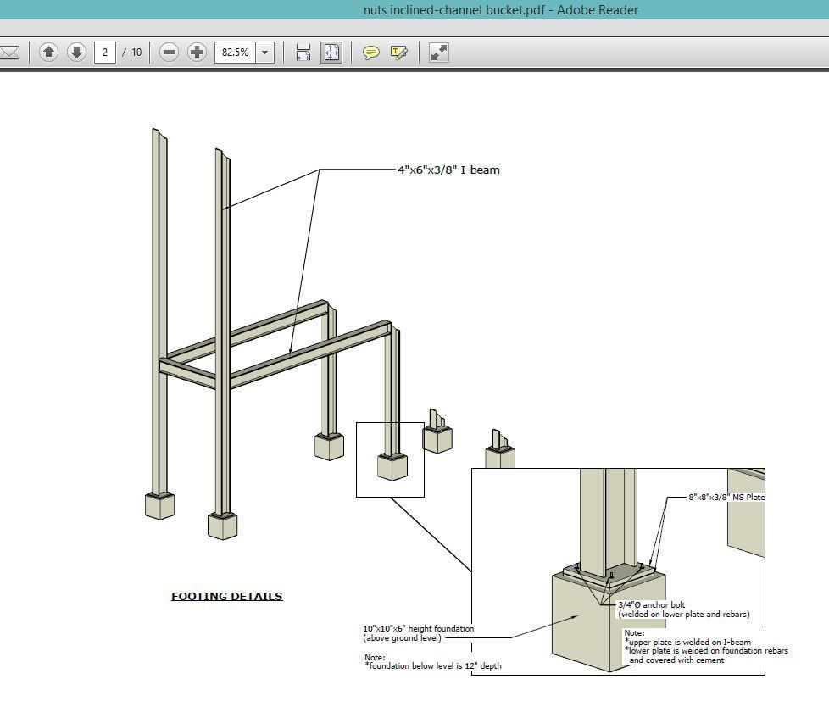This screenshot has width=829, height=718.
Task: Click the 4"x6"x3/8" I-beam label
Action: (x=448, y=170)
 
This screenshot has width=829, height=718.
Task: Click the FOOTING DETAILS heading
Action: (x=226, y=596)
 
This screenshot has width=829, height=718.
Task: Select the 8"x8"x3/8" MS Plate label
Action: (x=727, y=497)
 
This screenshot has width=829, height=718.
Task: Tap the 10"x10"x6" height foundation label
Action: (x=418, y=628)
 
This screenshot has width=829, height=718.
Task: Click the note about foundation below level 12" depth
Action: (x=432, y=665)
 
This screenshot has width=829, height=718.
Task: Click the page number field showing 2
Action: (x=105, y=53)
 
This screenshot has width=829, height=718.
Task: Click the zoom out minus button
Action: (x=169, y=53)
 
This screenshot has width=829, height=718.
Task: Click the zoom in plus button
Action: (x=197, y=53)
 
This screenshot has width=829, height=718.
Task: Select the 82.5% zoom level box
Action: (x=235, y=53)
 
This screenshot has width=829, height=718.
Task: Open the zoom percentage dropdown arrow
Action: (x=264, y=53)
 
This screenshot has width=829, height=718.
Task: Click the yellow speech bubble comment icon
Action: (x=370, y=53)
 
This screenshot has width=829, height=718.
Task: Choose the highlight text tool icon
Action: (x=398, y=53)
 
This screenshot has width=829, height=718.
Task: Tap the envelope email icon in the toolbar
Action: (x=9, y=53)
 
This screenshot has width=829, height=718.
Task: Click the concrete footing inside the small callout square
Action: (x=392, y=467)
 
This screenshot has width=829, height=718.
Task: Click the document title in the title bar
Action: (x=500, y=10)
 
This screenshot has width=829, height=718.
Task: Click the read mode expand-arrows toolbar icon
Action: (x=438, y=53)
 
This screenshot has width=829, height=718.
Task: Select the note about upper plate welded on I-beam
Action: (x=689, y=642)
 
